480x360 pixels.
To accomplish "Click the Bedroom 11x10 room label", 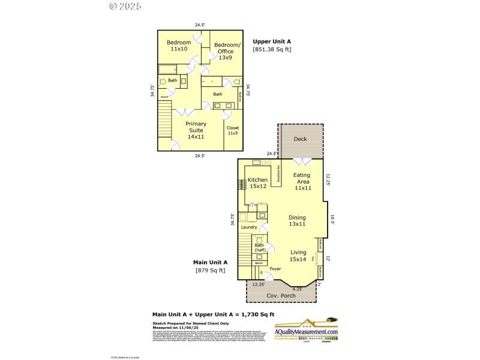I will point(179,46).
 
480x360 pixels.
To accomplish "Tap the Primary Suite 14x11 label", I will point(196,130).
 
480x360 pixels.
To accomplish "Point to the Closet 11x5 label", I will point(232,130).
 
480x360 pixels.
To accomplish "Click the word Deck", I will point(300,139).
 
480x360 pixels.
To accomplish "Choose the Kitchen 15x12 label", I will point(257,183).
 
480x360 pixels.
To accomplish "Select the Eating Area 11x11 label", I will point(302,181).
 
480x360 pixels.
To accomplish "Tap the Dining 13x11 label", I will point(297,221).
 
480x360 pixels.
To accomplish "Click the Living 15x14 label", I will point(298,256).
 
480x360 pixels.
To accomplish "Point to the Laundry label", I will point(249,227).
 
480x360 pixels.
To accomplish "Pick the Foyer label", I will point(275,269).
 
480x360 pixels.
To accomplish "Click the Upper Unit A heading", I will point(272,41).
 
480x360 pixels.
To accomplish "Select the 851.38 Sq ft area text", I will point(272,49).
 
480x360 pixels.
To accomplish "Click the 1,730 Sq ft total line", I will point(213,314).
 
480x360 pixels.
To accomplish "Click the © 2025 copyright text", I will point(126,6).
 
